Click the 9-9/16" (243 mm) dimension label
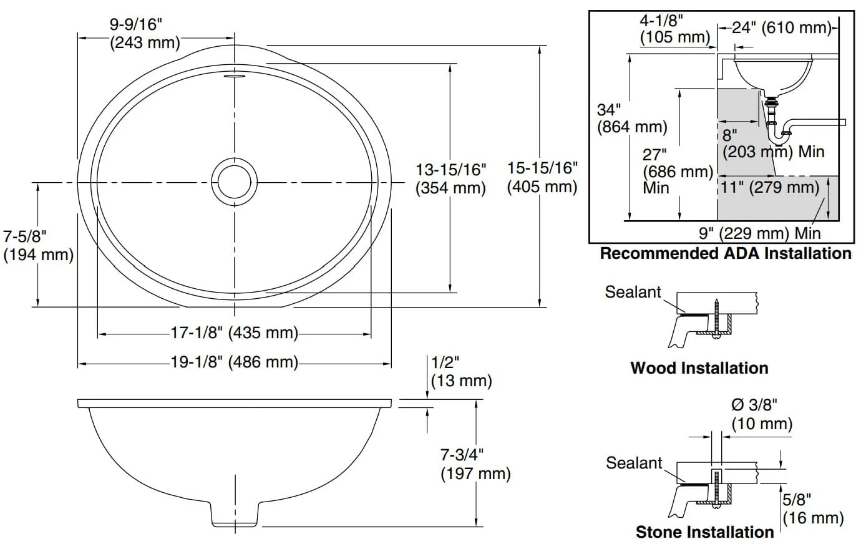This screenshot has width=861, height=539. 145,34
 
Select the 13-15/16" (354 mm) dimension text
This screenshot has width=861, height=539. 451,179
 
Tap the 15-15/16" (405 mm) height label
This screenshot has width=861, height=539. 542,177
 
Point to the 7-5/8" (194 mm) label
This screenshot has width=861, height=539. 38,246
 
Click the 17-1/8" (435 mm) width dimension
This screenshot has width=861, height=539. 235,333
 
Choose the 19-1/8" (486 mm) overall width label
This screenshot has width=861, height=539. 235,362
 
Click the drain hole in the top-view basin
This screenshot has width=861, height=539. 235,182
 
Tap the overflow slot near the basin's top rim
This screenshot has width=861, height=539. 235,76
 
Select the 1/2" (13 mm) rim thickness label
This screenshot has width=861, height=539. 461,371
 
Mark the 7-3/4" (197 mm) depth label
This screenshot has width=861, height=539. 475,464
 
